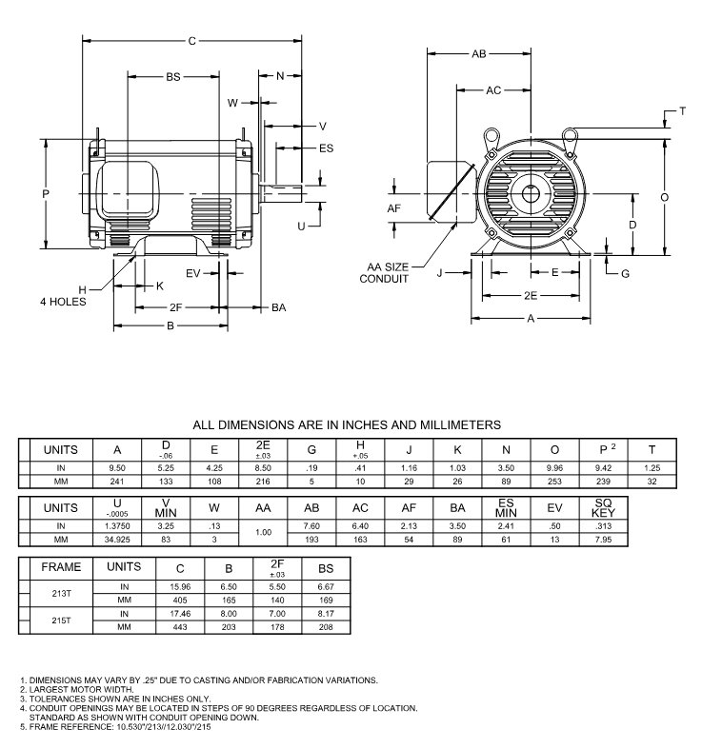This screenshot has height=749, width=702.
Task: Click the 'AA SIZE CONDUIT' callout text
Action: pyautogui.click(x=384, y=273)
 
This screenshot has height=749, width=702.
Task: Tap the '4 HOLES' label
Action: pyautogui.click(x=63, y=302)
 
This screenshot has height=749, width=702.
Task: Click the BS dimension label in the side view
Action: pyautogui.click(x=173, y=76)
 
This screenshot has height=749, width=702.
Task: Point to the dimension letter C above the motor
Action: pyautogui.click(x=192, y=41)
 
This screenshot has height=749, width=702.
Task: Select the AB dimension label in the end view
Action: pyautogui.click(x=478, y=55)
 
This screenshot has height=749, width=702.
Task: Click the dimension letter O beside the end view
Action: pyautogui.click(x=665, y=196)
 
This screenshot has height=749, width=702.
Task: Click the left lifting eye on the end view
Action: pyautogui.click(x=492, y=139)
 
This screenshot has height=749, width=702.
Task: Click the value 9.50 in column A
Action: pyautogui.click(x=117, y=468)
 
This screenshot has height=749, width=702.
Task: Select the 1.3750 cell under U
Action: pyautogui.click(x=117, y=525)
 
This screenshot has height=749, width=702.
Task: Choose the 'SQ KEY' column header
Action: pyautogui.click(x=603, y=507)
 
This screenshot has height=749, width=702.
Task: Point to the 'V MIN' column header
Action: pyautogui.click(x=166, y=507)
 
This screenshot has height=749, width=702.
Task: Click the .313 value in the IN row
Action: pyautogui.click(x=603, y=525)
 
